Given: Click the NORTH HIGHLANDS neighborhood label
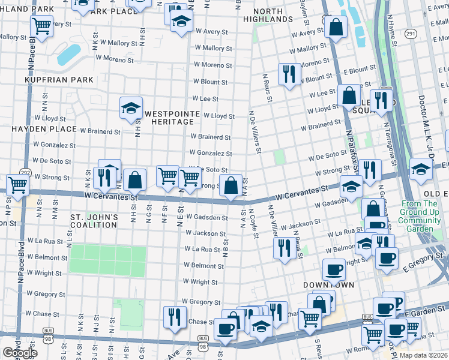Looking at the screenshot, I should (x=268, y=15).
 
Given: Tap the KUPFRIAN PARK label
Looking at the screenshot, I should (x=59, y=80).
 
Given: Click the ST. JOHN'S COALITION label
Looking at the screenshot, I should (x=93, y=220).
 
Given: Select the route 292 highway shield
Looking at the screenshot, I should (x=25, y=172).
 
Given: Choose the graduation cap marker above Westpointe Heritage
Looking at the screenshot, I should (x=131, y=108).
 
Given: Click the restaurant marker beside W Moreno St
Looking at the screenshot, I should (x=289, y=74).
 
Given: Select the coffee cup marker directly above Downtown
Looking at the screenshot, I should (x=333, y=269).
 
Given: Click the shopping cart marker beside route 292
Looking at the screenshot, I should (x=17, y=185).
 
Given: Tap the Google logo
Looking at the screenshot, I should (x=19, y=353).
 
